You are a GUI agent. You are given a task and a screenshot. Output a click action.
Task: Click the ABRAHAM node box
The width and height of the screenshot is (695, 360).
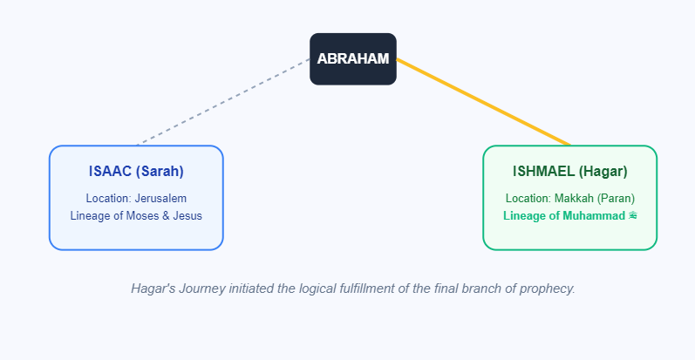(353, 59)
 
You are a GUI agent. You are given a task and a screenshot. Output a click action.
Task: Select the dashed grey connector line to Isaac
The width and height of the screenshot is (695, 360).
(224, 101)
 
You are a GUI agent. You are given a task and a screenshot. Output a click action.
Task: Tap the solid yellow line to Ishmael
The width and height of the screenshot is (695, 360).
(483, 101)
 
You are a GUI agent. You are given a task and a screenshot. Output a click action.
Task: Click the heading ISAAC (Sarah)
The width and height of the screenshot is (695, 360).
(136, 172)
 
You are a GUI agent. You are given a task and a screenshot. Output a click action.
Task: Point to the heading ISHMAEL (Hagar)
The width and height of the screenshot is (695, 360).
(569, 172)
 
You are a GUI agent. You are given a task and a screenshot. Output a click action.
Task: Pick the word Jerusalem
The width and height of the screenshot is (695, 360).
(160, 198)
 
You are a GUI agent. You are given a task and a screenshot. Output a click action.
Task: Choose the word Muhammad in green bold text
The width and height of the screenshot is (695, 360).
(593, 214)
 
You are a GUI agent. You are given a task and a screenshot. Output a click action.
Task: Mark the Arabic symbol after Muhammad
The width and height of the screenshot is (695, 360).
(632, 214)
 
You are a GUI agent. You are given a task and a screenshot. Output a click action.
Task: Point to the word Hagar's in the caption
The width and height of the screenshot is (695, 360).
(154, 288)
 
